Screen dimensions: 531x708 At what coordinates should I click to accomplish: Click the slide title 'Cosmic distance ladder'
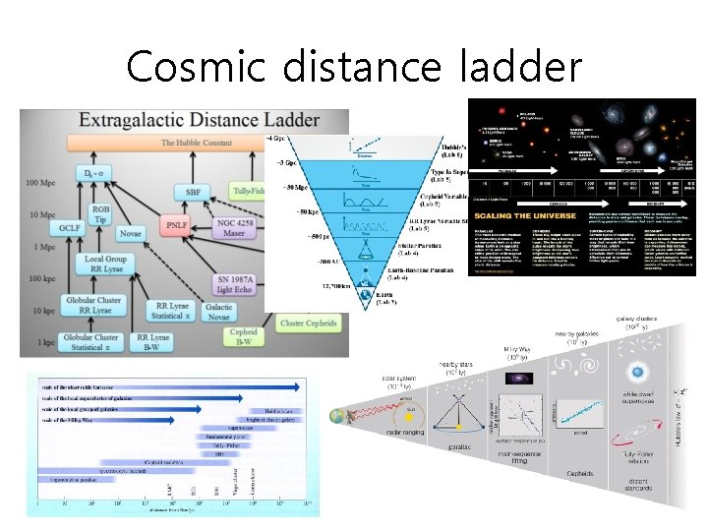point(354,66)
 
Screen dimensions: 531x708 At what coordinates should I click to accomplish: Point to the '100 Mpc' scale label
point(41,183)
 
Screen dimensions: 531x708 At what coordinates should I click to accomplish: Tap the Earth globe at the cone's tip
point(366,292)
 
